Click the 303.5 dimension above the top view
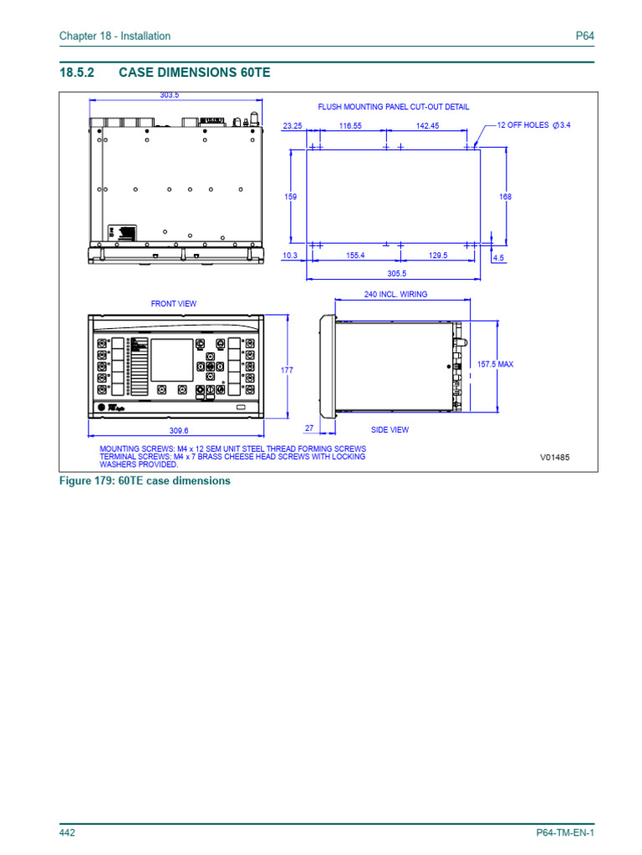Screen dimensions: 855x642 tap(170, 95)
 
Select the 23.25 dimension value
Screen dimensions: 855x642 tap(293, 125)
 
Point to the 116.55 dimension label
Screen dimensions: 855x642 tap(349, 125)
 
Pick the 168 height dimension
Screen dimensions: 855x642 tap(505, 196)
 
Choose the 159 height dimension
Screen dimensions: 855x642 tap(291, 196)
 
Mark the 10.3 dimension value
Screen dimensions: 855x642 tap(291, 255)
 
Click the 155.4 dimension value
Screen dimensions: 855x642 tap(356, 255)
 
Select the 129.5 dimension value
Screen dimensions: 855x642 tap(438, 255)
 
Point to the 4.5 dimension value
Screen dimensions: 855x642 tap(499, 259)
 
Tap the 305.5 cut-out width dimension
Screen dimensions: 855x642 tap(396, 274)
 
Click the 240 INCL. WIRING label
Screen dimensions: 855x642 tap(395, 295)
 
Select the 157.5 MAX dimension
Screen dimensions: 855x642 tap(495, 364)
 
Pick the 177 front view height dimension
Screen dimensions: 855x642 tap(288, 369)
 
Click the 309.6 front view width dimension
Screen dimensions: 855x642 tap(179, 431)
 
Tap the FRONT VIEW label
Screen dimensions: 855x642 tap(174, 304)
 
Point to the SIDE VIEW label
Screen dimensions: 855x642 tap(390, 430)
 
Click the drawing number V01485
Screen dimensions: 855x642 tap(554, 458)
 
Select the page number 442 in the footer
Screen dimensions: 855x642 tap(68, 833)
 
